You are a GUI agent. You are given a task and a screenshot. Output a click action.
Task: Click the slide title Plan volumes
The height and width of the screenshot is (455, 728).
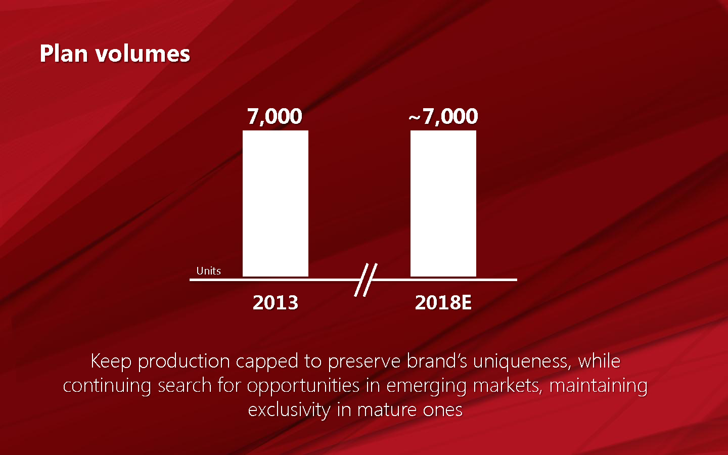pos(115,54)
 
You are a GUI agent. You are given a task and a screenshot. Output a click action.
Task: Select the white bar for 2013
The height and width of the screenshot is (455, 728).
pos(276,204)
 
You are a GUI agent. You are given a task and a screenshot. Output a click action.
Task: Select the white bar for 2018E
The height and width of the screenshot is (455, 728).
pos(443,204)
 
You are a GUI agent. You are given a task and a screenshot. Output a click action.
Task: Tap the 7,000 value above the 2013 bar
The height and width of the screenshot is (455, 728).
pos(275,117)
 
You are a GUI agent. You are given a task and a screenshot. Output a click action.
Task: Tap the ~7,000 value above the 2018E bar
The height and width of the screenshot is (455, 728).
pos(443,117)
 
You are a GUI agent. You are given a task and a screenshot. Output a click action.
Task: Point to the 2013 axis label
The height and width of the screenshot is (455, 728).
pos(276,302)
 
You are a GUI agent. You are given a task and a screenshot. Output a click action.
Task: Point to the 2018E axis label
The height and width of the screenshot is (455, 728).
pos(443,302)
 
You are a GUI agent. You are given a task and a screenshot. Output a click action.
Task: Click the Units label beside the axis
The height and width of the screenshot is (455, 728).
pos(208,271)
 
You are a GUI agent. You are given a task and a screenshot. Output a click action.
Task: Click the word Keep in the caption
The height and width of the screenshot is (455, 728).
pos(111,361)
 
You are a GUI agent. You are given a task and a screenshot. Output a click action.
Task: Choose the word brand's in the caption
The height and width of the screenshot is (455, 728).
pos(437,361)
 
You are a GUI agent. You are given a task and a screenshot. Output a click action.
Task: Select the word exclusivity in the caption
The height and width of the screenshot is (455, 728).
pos(289,410)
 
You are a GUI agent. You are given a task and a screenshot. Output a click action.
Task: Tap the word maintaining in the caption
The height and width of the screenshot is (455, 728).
pos(598,386)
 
